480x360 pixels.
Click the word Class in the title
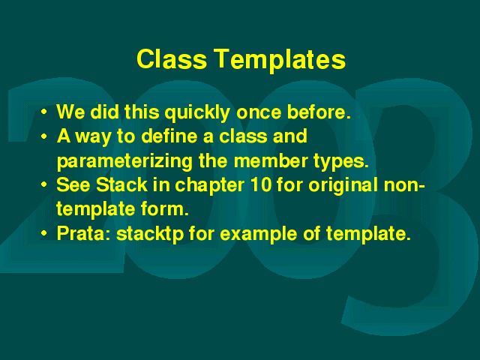pyautogui.click(x=172, y=58)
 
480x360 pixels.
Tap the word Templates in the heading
pyautogui.click(x=280, y=61)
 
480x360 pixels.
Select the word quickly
pyautogui.click(x=197, y=112)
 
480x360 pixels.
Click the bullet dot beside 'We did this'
pyautogui.click(x=44, y=112)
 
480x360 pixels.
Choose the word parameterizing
pyautogui.click(x=124, y=161)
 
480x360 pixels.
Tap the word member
pyautogui.click(x=271, y=160)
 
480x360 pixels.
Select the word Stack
pyautogui.click(x=121, y=184)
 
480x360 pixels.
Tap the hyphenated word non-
pyautogui.click(x=404, y=186)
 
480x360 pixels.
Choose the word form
pyautogui.click(x=165, y=208)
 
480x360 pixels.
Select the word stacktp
pyautogui.click(x=150, y=234)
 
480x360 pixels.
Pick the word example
pyautogui.click(x=259, y=234)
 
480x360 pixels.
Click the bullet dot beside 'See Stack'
pyautogui.click(x=44, y=184)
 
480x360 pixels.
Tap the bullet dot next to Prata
pyautogui.click(x=44, y=233)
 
